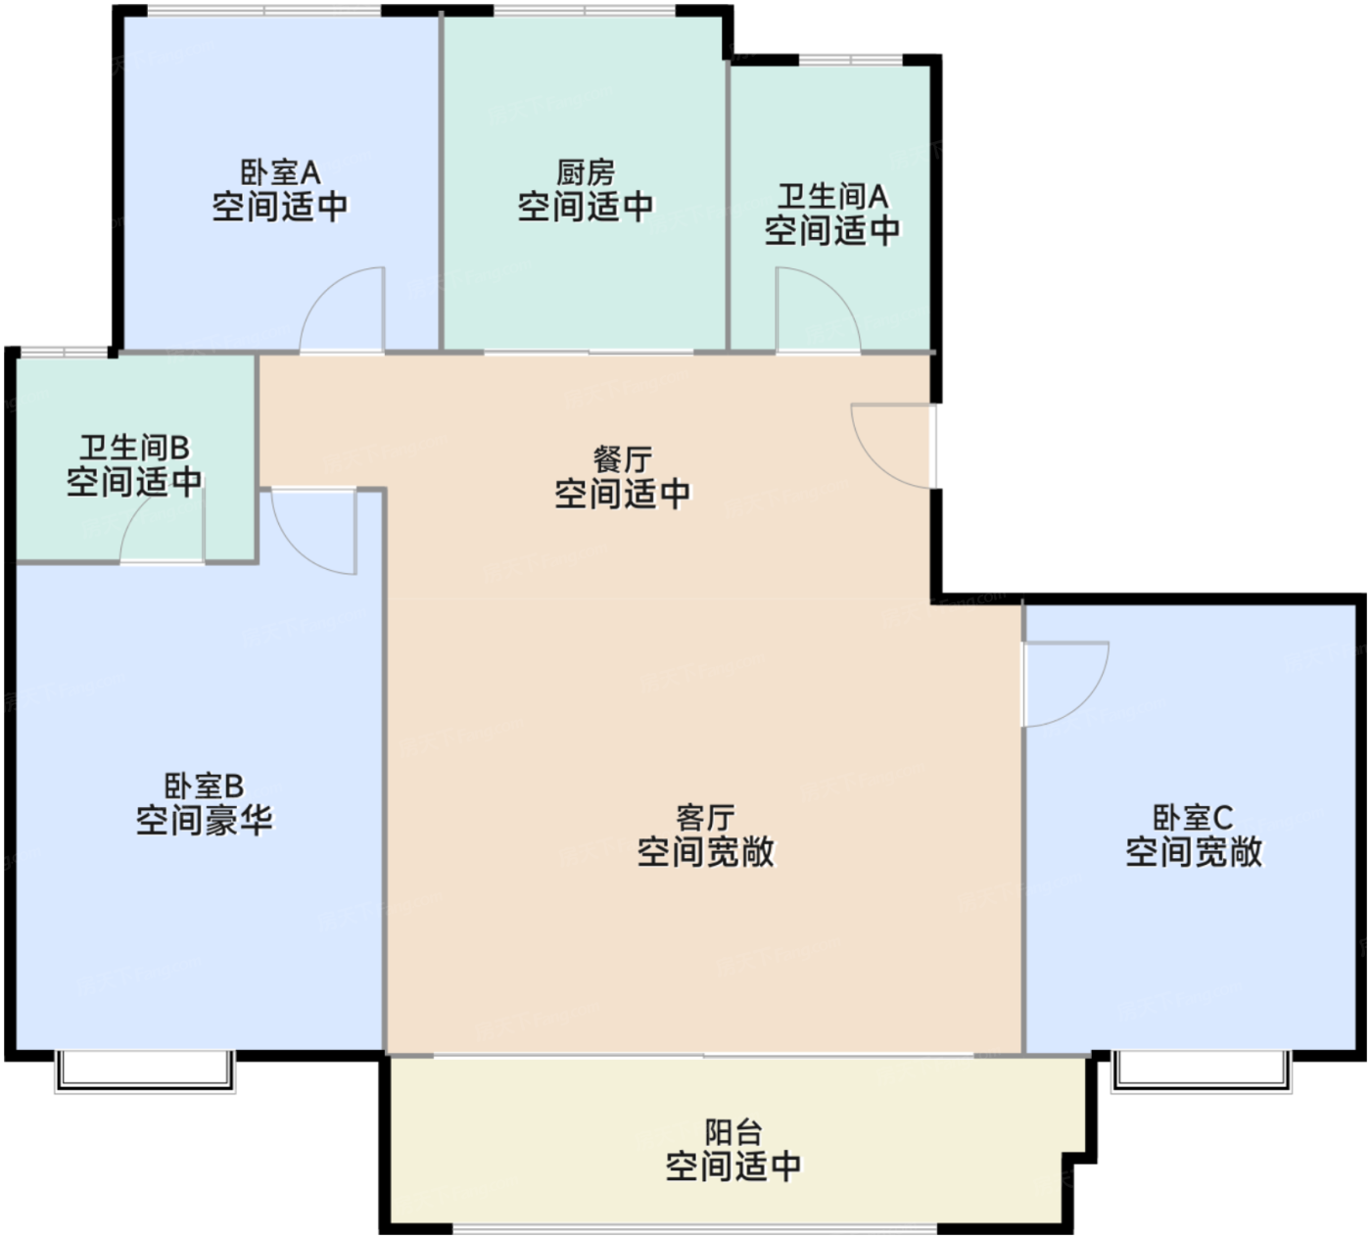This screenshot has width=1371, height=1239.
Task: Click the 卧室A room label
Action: point(281,173)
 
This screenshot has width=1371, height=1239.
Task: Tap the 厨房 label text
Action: point(586,173)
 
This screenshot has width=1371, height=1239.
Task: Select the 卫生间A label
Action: point(832,197)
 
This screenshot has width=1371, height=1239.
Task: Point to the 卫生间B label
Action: point(134,448)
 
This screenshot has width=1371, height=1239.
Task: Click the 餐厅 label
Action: point(623,458)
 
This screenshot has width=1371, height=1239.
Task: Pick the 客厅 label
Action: point(705,817)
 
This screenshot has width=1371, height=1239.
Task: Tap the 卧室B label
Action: point(204,786)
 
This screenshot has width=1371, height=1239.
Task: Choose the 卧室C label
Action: point(1193,817)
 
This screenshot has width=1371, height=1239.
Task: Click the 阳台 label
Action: point(733,1132)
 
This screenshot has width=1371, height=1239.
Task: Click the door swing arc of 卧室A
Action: point(341,309)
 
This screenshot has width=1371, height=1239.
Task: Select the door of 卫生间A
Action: point(818,310)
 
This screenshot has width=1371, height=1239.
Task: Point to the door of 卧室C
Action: point(1065,684)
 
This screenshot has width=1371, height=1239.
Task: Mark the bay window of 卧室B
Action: point(145,1072)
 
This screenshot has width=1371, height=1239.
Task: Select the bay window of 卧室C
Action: point(1202,1072)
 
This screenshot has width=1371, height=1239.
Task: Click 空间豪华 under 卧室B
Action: point(204,821)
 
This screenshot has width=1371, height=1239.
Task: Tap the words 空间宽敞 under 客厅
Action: point(705,852)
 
